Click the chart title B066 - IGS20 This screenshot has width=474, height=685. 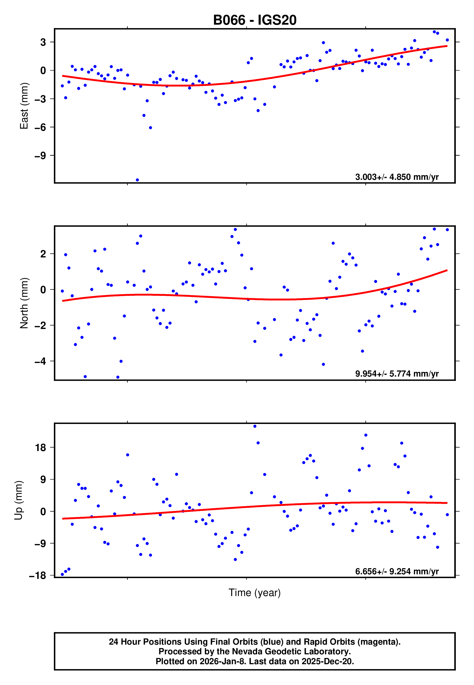(x=255, y=20)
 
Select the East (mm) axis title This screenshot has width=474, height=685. (x=24, y=106)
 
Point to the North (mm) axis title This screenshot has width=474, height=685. (x=24, y=303)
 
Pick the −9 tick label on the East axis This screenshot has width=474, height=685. (x=40, y=156)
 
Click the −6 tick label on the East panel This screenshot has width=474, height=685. (x=40, y=127)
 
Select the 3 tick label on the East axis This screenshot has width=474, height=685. (x=43, y=42)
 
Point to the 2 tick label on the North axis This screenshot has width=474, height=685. (x=43, y=254)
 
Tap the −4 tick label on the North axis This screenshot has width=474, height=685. (x=40, y=361)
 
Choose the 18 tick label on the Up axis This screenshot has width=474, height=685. (x=41, y=447)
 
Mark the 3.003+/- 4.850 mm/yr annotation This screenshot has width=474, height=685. (x=397, y=177)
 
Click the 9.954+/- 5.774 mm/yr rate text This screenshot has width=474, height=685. (x=397, y=374)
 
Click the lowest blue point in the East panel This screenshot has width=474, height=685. (x=137, y=180)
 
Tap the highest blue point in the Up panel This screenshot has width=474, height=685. (x=255, y=426)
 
